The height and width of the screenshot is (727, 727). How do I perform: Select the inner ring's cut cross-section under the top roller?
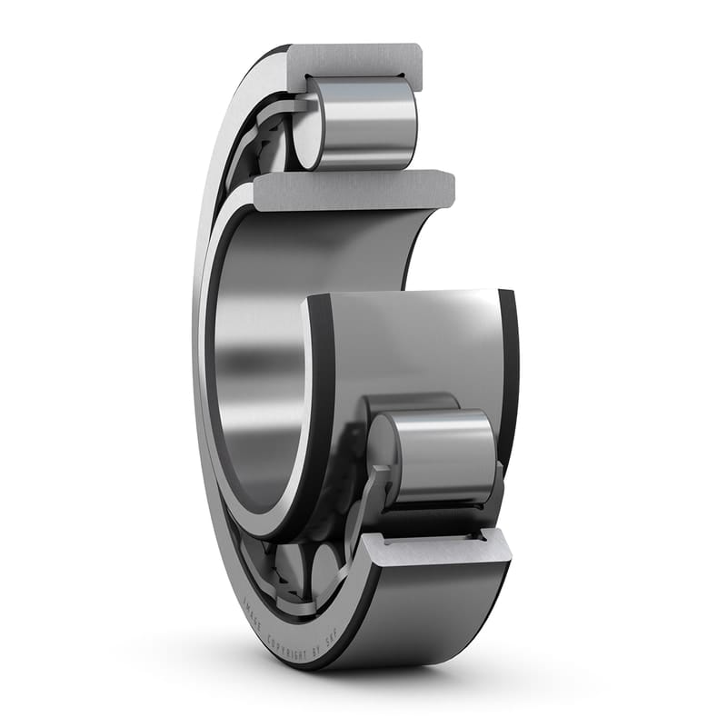[x=354, y=188]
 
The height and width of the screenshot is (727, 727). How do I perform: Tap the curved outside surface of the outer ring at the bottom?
[x=427, y=618]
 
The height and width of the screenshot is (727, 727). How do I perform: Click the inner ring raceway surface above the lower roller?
[x=409, y=345]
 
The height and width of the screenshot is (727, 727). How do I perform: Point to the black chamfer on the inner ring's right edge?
[x=510, y=363]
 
